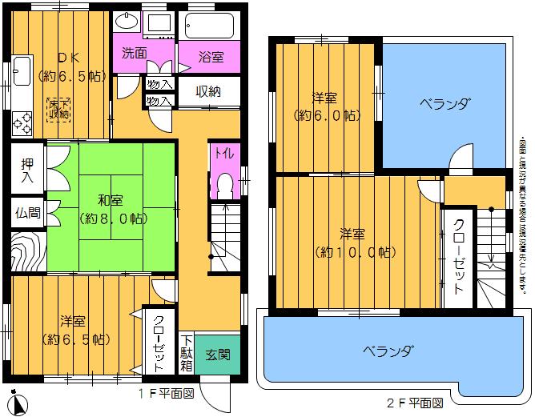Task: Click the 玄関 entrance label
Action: pos(216,354)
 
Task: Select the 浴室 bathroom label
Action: pos(211,57)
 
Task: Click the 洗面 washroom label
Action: pos(134,54)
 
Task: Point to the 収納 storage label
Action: pos(208,91)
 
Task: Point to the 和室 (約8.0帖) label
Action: pos(110,209)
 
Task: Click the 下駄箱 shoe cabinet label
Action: pos(186,352)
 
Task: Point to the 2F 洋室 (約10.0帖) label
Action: pos(352,243)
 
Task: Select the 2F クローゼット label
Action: pos(458,257)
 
